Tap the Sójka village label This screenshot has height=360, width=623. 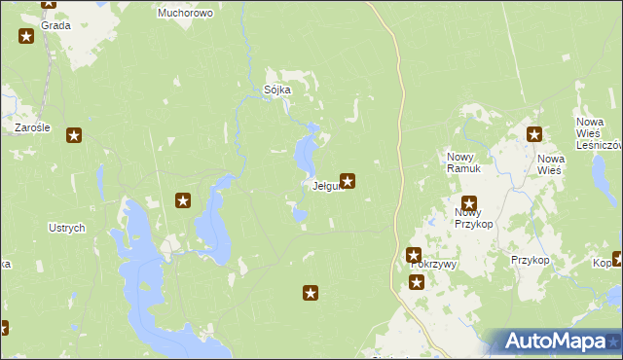coord(277,90)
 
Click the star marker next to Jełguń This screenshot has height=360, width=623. coord(347,180)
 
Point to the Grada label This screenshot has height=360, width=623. coord(55,25)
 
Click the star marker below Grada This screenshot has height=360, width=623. coord(26,37)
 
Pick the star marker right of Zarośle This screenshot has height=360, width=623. coord(73,136)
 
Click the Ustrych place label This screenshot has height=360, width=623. coord(67,228)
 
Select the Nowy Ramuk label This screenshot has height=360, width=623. coord(464,163)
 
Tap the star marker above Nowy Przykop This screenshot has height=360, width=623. coord(469,204)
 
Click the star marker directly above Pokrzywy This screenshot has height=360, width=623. coord(414,255)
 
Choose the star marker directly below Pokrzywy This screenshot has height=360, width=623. coord(417,283)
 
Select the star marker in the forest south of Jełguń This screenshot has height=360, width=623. coord(311,292)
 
